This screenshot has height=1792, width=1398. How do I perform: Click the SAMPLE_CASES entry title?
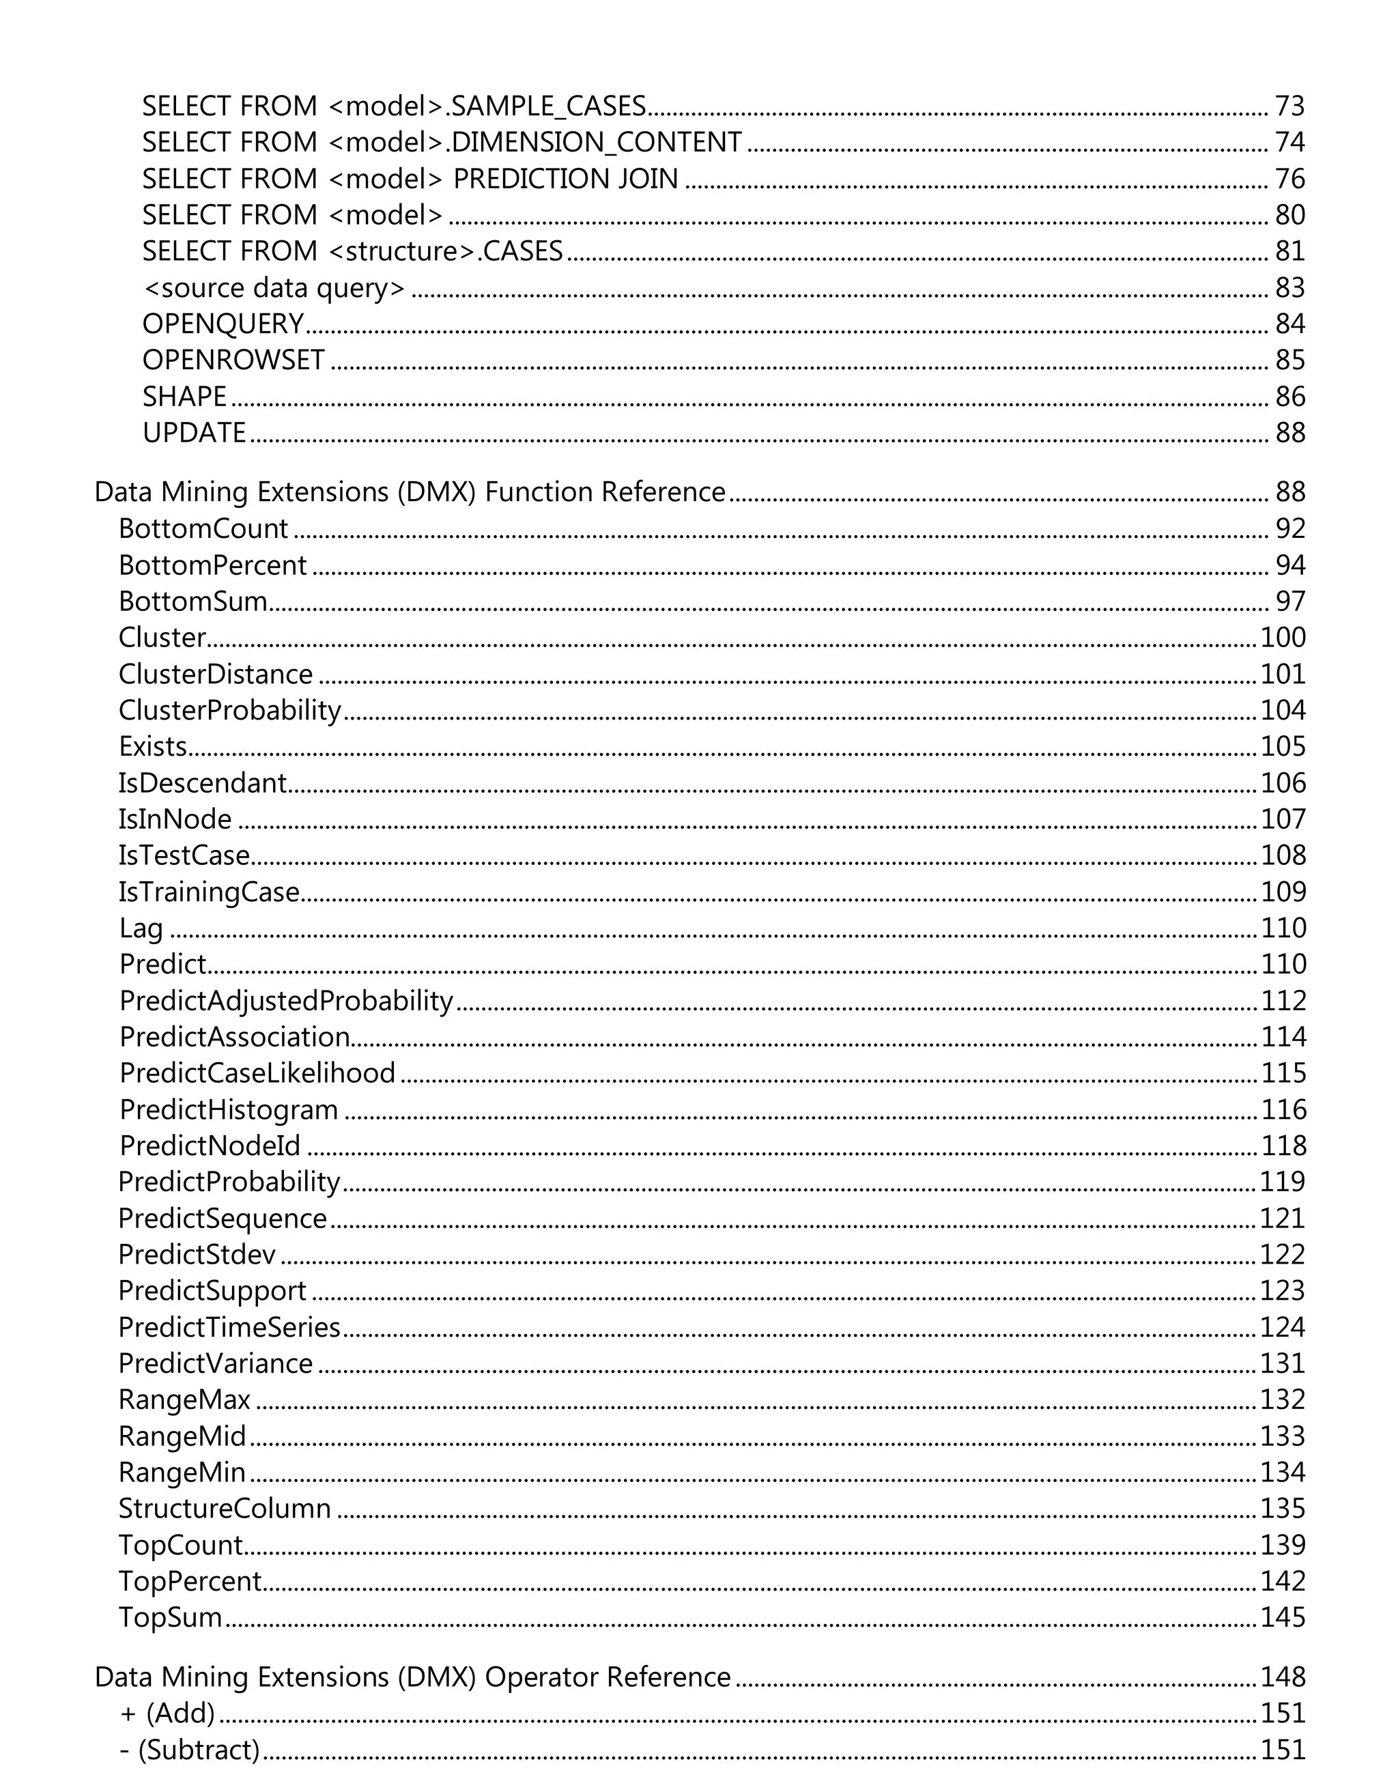[394, 106]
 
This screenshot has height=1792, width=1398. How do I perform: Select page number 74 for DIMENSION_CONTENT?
[1289, 143]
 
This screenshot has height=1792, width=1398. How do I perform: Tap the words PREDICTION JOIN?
[565, 179]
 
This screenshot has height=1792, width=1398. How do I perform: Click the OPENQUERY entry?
[223, 324]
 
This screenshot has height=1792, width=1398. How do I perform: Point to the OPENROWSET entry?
[234, 360]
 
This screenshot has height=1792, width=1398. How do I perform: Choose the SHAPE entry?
[184, 397]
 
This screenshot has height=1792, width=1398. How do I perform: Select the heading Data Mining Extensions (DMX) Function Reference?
[410, 492]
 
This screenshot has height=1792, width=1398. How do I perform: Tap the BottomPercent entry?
[212, 565]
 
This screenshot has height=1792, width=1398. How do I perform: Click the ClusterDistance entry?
[216, 674]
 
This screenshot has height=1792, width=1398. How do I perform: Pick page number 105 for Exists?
[1283, 747]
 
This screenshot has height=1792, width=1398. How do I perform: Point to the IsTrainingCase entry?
[209, 892]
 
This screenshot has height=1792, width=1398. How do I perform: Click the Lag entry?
[141, 928]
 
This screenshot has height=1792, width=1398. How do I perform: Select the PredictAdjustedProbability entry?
[286, 1001]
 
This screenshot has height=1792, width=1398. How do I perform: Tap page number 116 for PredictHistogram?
[1283, 1110]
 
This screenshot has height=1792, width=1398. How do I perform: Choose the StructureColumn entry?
[225, 1509]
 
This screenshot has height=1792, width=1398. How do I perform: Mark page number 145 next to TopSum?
[1283, 1618]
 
